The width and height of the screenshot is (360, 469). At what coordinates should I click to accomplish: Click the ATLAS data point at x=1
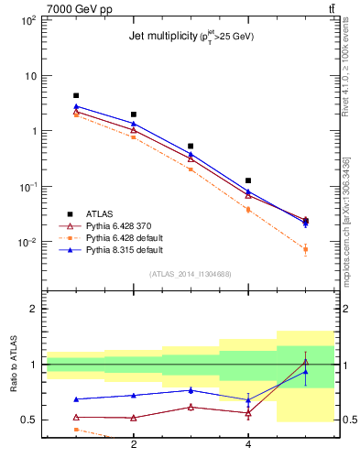[76, 95]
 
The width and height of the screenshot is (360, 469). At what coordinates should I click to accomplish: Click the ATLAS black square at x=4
[248, 180]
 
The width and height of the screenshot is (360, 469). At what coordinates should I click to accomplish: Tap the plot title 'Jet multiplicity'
[191, 37]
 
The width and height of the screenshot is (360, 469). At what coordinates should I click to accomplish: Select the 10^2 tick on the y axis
[28, 19]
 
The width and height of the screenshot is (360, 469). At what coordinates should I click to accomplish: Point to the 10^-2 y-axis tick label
[27, 243]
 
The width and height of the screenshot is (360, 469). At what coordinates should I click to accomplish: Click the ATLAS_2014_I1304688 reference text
[191, 274]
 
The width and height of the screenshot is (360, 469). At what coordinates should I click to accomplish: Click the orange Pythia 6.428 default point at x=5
[306, 249]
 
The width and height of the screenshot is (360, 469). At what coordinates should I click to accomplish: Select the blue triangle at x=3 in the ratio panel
[191, 390]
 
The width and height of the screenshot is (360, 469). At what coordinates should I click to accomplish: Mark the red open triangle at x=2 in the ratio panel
[134, 418]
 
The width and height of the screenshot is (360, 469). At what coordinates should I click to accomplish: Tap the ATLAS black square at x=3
[191, 146]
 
